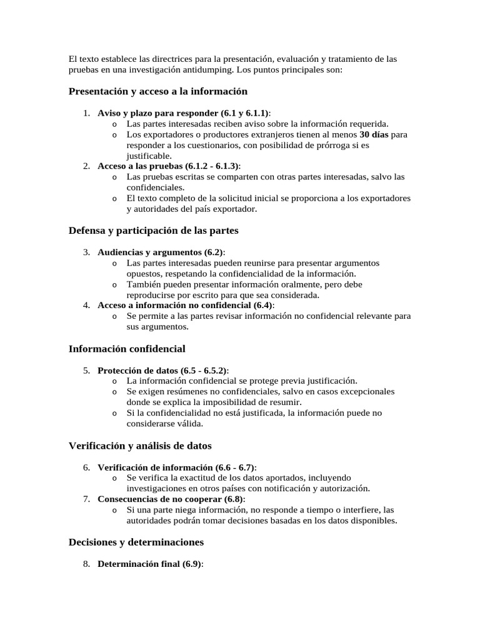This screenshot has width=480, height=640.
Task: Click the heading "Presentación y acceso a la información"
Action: pos(157,92)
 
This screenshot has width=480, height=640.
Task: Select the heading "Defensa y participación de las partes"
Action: pos(153,231)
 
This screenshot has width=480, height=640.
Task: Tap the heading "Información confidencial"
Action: pos(127,349)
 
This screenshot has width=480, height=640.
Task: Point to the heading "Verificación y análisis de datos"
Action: pos(140,446)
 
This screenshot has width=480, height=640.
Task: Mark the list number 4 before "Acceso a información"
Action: pos(86,306)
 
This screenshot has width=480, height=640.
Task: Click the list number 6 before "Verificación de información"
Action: pos(86,467)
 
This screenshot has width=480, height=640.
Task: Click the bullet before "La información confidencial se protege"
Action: pos(114,381)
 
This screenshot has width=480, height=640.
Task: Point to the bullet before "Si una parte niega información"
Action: pos(114,510)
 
